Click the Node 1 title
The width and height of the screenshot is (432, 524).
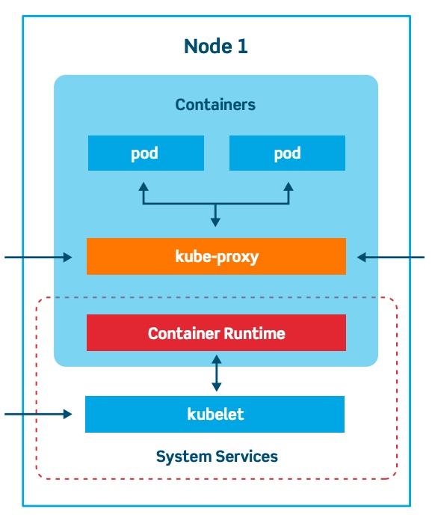215,46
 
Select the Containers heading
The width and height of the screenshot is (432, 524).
215,105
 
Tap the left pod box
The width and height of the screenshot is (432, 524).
145,153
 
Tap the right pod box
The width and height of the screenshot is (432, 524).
287,153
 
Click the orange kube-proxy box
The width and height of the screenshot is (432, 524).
216,257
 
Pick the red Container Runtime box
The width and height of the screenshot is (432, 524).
216,333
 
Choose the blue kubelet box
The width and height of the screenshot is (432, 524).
215,414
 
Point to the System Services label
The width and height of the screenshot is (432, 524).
217,457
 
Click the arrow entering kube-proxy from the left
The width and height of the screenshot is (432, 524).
37,258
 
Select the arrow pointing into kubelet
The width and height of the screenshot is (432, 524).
37,414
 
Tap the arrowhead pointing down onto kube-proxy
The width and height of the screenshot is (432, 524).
216,222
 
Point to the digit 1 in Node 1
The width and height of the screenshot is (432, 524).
243,46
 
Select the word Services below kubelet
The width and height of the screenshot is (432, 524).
243,457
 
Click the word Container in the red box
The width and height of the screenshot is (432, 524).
182,333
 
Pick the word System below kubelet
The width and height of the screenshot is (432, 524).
180,457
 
